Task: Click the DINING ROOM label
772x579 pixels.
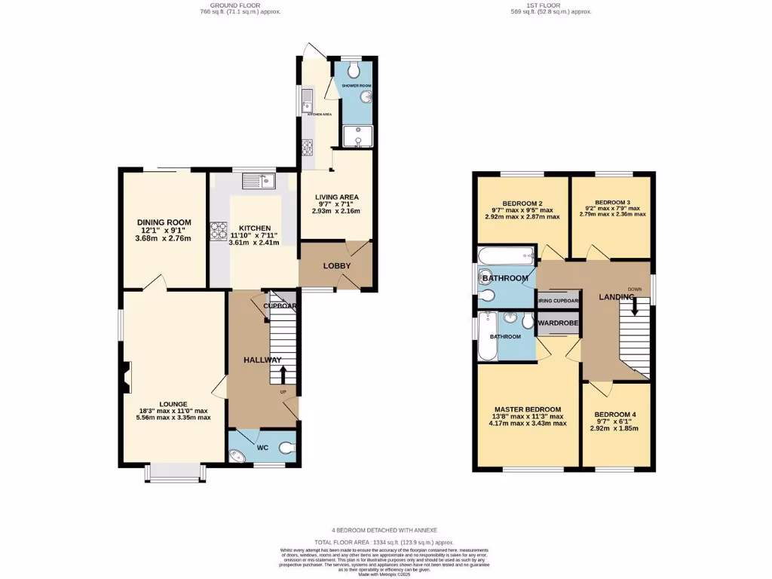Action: [x=164, y=222]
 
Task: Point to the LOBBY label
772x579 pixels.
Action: [x=337, y=265]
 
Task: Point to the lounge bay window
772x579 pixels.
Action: [x=174, y=472]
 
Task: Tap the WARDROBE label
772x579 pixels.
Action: [x=559, y=323]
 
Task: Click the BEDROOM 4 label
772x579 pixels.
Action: [x=615, y=415]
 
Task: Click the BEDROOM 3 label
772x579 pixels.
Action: [x=611, y=203]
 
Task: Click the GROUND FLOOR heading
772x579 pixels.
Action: [x=235, y=5]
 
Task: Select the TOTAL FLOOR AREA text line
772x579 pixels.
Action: [x=384, y=542]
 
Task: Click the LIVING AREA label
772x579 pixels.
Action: [x=336, y=198]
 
